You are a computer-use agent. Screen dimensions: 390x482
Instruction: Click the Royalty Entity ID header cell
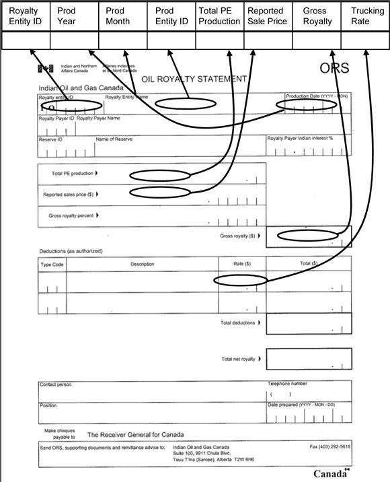(x=25, y=16)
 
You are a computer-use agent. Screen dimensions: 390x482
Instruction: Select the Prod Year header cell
(x=74, y=16)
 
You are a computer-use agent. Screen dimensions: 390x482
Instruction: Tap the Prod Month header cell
(x=122, y=16)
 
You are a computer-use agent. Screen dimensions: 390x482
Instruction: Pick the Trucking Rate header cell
(x=365, y=16)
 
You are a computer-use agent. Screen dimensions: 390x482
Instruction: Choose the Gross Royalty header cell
(x=317, y=16)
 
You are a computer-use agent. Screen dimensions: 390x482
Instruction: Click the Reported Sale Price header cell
(x=268, y=16)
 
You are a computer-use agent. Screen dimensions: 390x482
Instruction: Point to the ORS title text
(x=334, y=69)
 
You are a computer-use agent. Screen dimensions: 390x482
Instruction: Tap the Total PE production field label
(x=73, y=174)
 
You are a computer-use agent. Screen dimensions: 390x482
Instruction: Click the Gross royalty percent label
(x=72, y=215)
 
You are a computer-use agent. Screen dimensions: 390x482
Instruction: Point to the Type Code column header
(x=52, y=265)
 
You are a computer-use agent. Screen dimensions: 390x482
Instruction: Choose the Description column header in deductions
(x=143, y=265)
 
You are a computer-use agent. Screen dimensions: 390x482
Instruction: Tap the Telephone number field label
(x=288, y=384)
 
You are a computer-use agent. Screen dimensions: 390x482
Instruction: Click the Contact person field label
(x=56, y=384)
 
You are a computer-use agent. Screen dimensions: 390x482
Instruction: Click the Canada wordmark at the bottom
(x=329, y=473)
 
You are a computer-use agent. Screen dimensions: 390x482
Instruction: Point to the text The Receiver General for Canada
(x=135, y=435)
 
